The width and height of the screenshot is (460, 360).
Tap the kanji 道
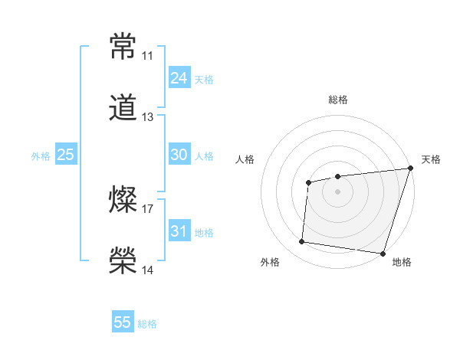click(123, 108)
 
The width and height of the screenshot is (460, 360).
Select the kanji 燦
click(123, 201)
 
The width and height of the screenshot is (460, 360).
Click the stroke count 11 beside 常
click(147, 56)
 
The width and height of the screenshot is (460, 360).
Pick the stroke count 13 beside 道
click(147, 117)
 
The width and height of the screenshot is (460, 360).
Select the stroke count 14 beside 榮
click(147, 270)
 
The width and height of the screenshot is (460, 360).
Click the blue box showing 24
click(179, 78)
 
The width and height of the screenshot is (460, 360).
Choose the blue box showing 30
click(179, 155)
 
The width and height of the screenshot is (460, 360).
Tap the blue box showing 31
click(179, 231)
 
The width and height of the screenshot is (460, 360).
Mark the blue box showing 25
click(65, 155)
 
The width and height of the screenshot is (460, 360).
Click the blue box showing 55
click(123, 322)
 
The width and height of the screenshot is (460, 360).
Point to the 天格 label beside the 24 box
click(204, 79)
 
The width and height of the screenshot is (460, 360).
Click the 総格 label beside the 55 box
click(148, 323)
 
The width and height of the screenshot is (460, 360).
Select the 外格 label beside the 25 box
click(41, 155)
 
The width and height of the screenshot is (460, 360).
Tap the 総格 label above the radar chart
click(338, 100)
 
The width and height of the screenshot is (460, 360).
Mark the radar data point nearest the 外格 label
click(301, 242)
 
